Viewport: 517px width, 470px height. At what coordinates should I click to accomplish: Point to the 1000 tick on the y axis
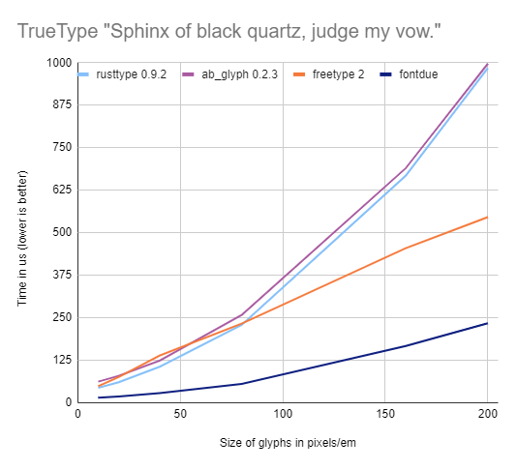tap(58, 63)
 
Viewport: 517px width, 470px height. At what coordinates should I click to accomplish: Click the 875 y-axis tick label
tap(61, 105)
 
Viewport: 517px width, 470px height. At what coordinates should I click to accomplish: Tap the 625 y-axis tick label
tap(61, 190)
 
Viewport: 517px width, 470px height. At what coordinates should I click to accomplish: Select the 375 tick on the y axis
tap(61, 275)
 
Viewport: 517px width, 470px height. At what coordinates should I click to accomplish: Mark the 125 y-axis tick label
tap(61, 360)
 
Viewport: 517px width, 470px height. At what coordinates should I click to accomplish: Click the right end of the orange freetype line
tap(487, 218)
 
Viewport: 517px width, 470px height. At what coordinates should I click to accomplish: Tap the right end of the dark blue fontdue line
tap(487, 323)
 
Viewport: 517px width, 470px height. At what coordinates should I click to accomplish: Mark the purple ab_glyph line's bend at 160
tap(406, 167)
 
